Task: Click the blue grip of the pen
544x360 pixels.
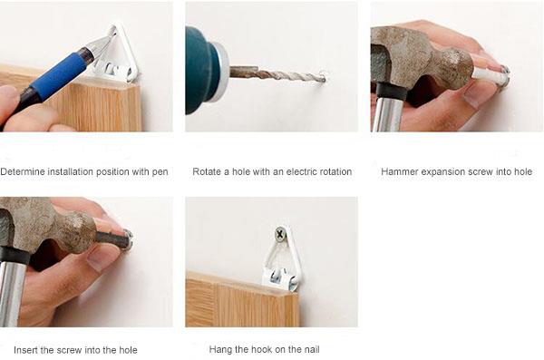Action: click(x=58, y=74)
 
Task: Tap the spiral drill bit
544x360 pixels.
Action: click(x=278, y=75)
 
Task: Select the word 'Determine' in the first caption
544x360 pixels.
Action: click(x=23, y=171)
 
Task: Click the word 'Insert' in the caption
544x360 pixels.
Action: click(x=25, y=350)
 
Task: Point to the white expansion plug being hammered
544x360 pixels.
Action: click(x=491, y=74)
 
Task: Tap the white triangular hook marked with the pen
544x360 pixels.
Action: click(x=118, y=55)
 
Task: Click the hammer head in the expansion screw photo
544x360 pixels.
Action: click(x=420, y=63)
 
